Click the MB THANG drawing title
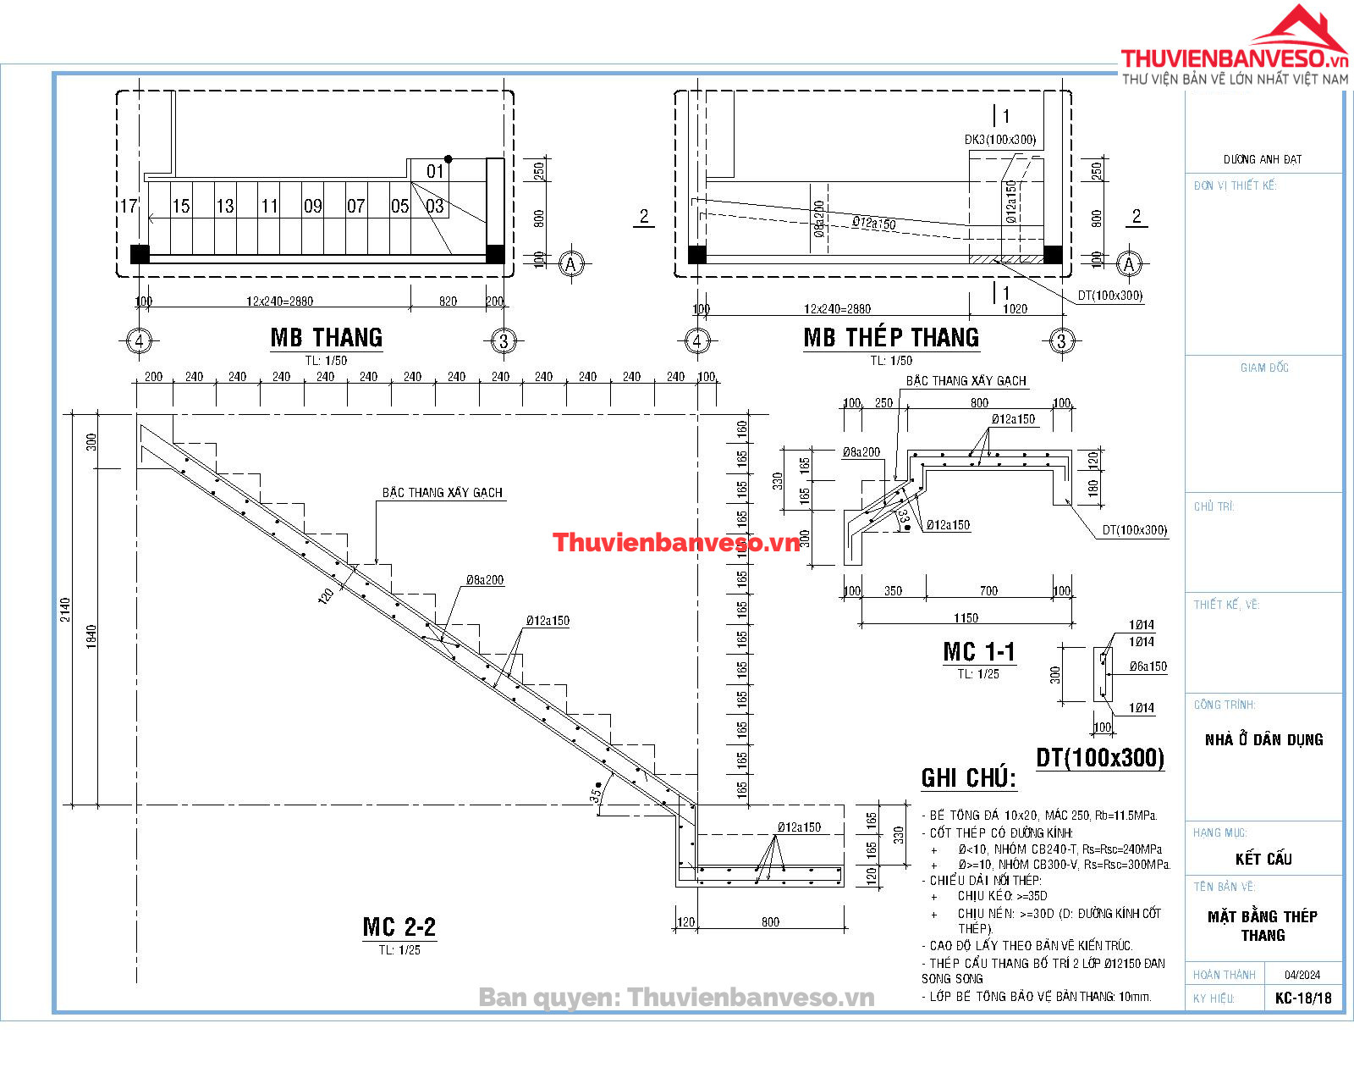pyautogui.click(x=326, y=338)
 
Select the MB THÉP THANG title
pyautogui.click(x=890, y=338)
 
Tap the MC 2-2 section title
pyautogui.click(x=399, y=927)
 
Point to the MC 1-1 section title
pyautogui.click(x=978, y=652)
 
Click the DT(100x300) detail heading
pyautogui.click(x=1099, y=758)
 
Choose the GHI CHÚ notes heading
pyautogui.click(x=968, y=778)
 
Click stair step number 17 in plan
pyautogui.click(x=128, y=206)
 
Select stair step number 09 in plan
pyautogui.click(x=312, y=206)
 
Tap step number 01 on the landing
pyautogui.click(x=435, y=172)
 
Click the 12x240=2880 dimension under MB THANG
pyautogui.click(x=279, y=301)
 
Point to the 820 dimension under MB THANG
pyautogui.click(x=448, y=301)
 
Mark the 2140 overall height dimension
pyautogui.click(x=66, y=610)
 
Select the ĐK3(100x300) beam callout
pyautogui.click(x=999, y=140)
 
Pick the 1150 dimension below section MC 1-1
pyautogui.click(x=966, y=618)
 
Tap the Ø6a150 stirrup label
pyautogui.click(x=1148, y=666)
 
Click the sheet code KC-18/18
pyautogui.click(x=1303, y=998)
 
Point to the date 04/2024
pyautogui.click(x=1302, y=975)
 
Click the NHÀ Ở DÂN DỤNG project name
pyautogui.click(x=1263, y=739)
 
